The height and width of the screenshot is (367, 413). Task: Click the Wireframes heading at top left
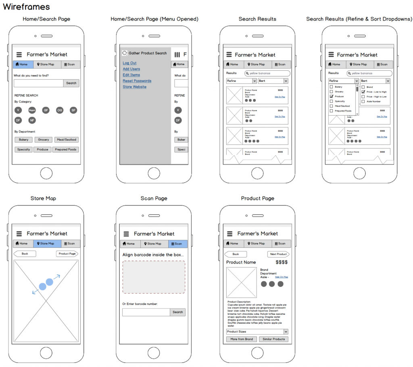point(26,7)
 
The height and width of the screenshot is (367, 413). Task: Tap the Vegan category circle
point(32,110)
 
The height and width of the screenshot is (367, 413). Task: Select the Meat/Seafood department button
point(66,140)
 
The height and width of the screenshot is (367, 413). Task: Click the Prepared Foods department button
point(66,150)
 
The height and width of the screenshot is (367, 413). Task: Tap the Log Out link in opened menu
point(129,63)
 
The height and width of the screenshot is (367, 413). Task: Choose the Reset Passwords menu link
point(137,81)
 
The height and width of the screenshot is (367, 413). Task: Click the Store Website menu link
point(134,87)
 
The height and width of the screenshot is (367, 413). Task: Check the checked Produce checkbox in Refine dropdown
point(332,97)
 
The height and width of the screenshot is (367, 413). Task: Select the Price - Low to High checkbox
point(363,92)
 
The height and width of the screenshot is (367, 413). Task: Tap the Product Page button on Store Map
point(67,254)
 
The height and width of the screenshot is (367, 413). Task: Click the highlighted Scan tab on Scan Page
point(178,244)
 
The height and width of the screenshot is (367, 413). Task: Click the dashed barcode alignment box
point(154,277)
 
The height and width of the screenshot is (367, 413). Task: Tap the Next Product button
point(278,254)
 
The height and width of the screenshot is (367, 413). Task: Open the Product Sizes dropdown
point(257,332)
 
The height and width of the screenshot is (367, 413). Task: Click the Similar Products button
point(273,339)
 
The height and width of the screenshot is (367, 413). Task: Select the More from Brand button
point(242,339)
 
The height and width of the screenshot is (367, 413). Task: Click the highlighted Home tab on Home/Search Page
point(23,64)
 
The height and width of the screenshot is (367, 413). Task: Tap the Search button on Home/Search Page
point(71,83)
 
